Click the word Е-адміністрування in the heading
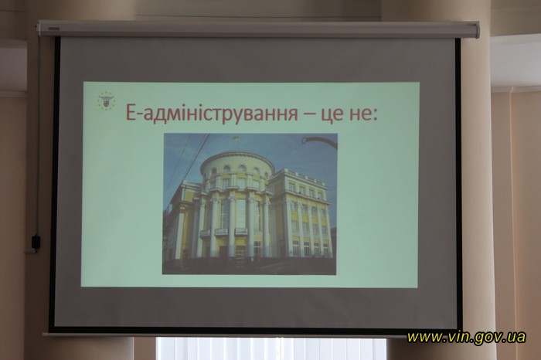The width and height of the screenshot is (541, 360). click(x=211, y=113)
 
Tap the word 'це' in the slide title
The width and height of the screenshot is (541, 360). click(x=333, y=114)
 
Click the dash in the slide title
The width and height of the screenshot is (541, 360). click(x=309, y=114)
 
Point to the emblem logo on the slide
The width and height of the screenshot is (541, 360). click(x=107, y=100)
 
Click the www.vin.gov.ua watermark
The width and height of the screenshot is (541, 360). click(x=466, y=337)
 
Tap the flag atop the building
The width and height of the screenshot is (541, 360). click(x=236, y=140)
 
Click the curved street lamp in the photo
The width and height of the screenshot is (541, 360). click(x=318, y=142)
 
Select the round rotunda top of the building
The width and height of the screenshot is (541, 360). click(x=238, y=172)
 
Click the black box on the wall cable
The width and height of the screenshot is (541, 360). click(x=36, y=241)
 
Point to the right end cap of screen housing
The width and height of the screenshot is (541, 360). click(x=476, y=29)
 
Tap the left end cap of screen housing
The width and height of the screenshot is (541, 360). click(x=40, y=29)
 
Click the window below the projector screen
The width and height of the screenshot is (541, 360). click(x=270, y=348)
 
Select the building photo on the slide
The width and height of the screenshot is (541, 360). click(x=250, y=204)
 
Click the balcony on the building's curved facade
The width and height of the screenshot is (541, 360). click(x=224, y=232)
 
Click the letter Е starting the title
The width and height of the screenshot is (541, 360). click(x=130, y=113)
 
